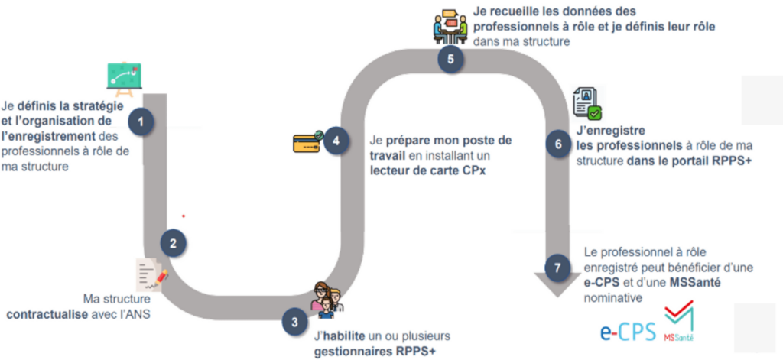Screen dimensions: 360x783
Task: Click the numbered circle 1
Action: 141,121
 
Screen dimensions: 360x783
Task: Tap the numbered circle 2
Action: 174,243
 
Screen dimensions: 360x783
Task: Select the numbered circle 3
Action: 294,322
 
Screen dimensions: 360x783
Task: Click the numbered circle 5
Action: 450,59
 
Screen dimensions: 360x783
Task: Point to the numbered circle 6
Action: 559,144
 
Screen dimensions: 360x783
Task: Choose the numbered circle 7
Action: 559,268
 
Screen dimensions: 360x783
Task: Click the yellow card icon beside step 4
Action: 307,141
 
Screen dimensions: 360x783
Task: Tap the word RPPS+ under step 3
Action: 424,352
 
